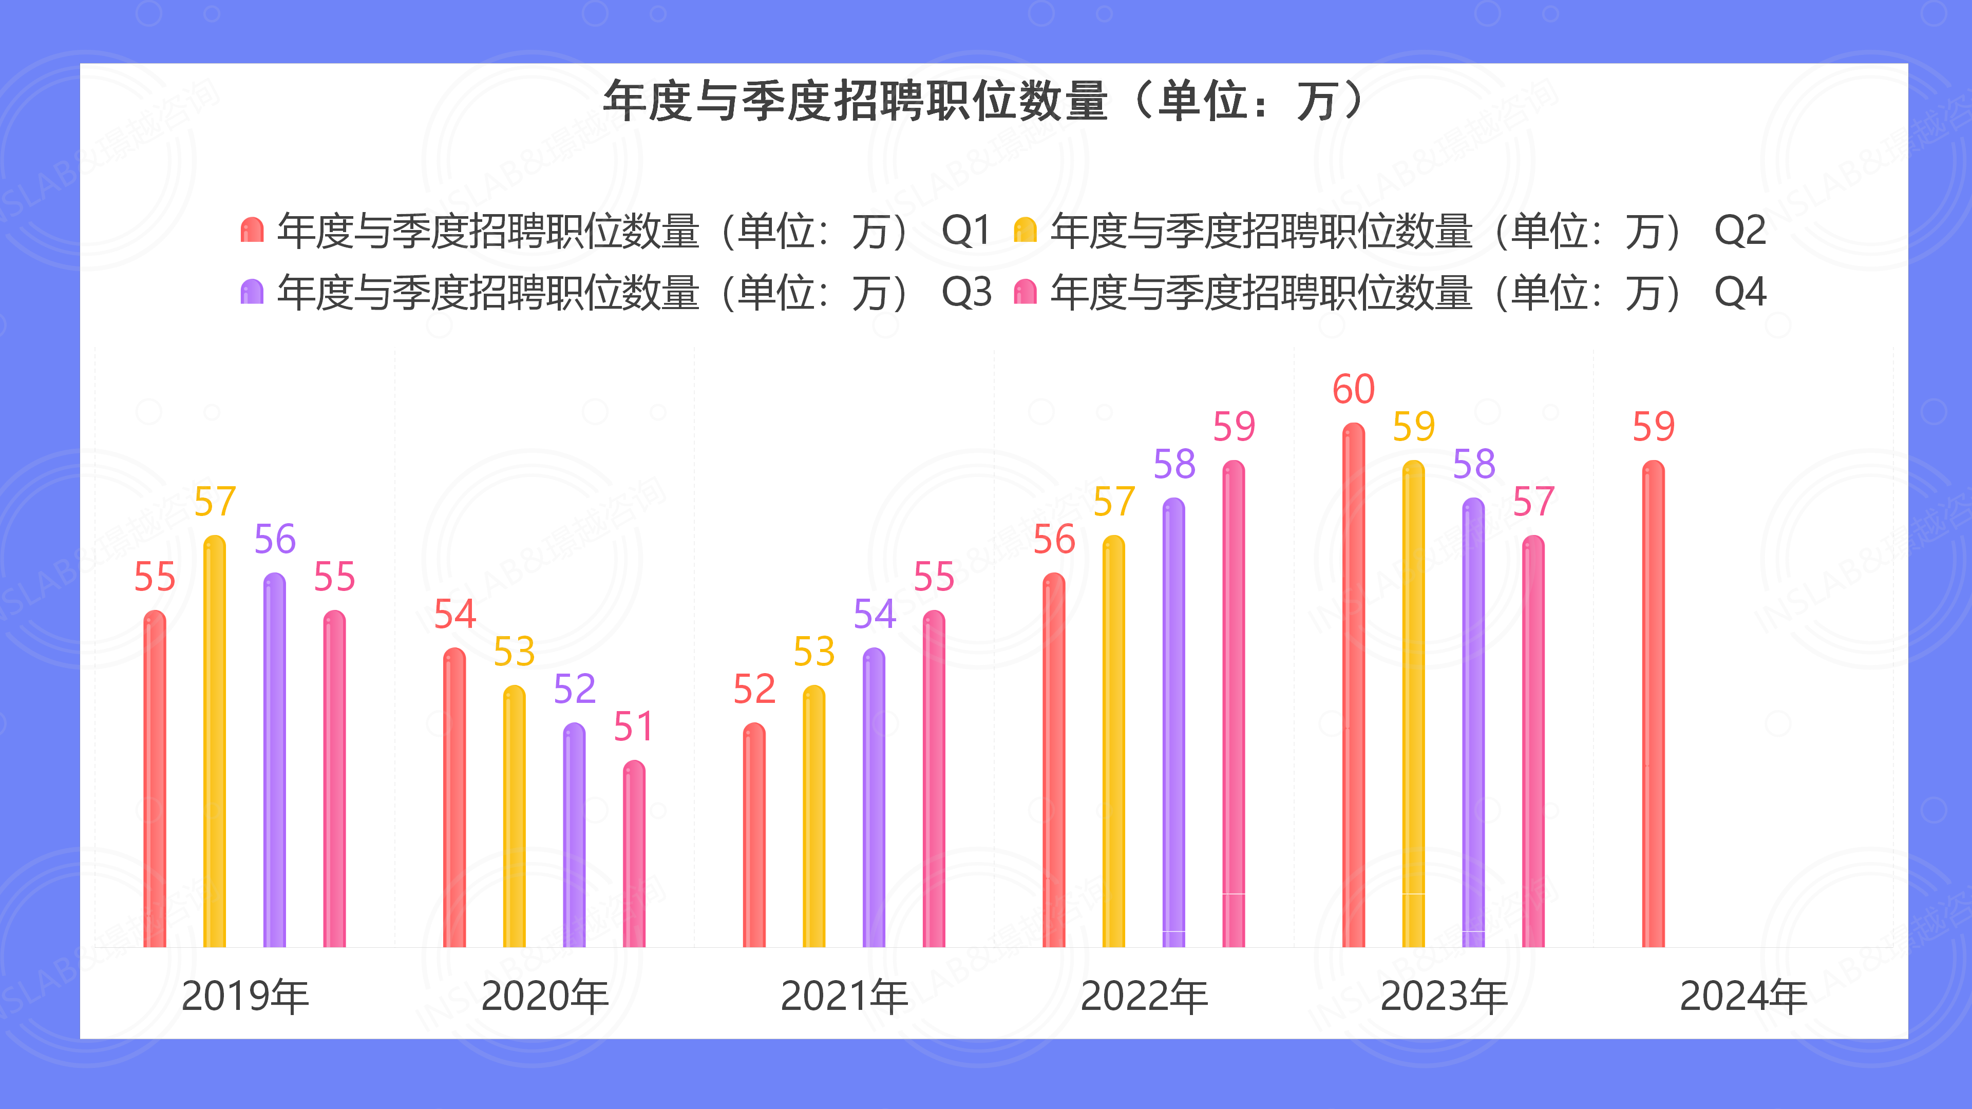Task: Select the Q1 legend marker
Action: click(x=252, y=230)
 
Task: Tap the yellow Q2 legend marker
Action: click(x=1025, y=230)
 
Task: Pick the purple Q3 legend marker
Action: click(x=252, y=292)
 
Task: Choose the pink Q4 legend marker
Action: click(x=1025, y=292)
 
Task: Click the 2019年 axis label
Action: click(x=245, y=997)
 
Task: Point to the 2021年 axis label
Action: click(x=844, y=997)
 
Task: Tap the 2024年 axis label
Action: click(x=1743, y=997)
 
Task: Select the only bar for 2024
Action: click(x=1654, y=704)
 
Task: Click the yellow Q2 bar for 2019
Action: click(x=214, y=742)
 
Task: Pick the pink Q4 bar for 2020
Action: click(x=634, y=853)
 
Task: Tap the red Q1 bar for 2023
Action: click(x=1354, y=685)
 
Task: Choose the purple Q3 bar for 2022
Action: click(x=1173, y=723)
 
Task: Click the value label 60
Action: click(x=1354, y=390)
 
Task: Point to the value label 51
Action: click(x=633, y=727)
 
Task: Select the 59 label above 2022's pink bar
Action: click(x=1234, y=427)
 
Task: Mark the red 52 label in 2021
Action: click(x=754, y=690)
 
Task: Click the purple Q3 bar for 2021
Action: click(x=874, y=797)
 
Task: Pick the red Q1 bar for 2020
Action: click(x=454, y=797)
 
